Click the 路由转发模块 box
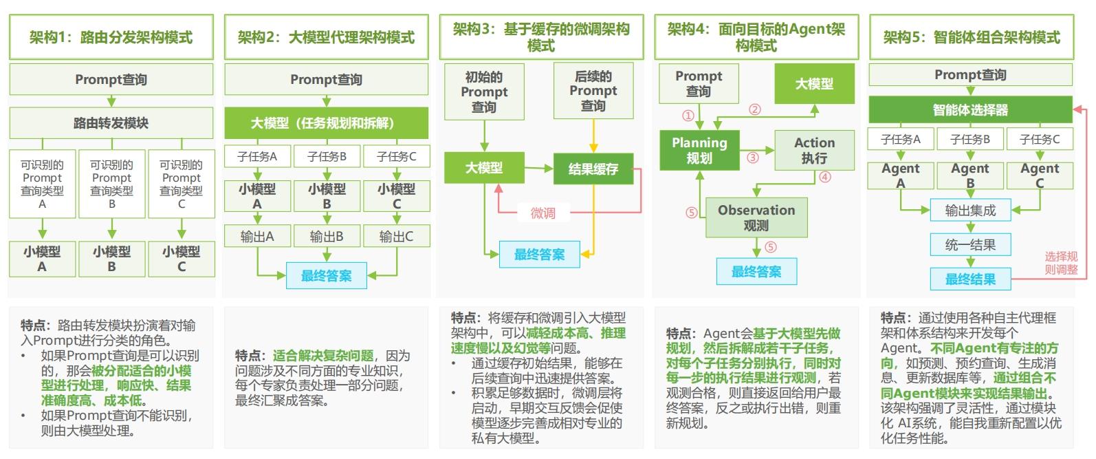tap(111, 123)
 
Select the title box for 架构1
tap(111, 37)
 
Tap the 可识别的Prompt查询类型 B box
tap(112, 184)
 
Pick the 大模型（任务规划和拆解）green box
tap(327, 123)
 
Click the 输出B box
tap(327, 236)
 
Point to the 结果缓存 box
tap(593, 169)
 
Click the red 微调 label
tap(543, 213)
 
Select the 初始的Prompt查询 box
tap(484, 92)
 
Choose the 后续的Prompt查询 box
tap(593, 91)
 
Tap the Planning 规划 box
tap(700, 150)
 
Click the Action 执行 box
tap(815, 150)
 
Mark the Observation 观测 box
tap(756, 217)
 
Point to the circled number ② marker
tap(755, 109)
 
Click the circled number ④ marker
tap(825, 177)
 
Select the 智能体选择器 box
tap(971, 109)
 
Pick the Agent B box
tap(970, 175)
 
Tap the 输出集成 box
tap(971, 210)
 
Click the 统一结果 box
tap(971, 244)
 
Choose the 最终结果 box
tap(971, 279)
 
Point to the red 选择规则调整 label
tap(1061, 263)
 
